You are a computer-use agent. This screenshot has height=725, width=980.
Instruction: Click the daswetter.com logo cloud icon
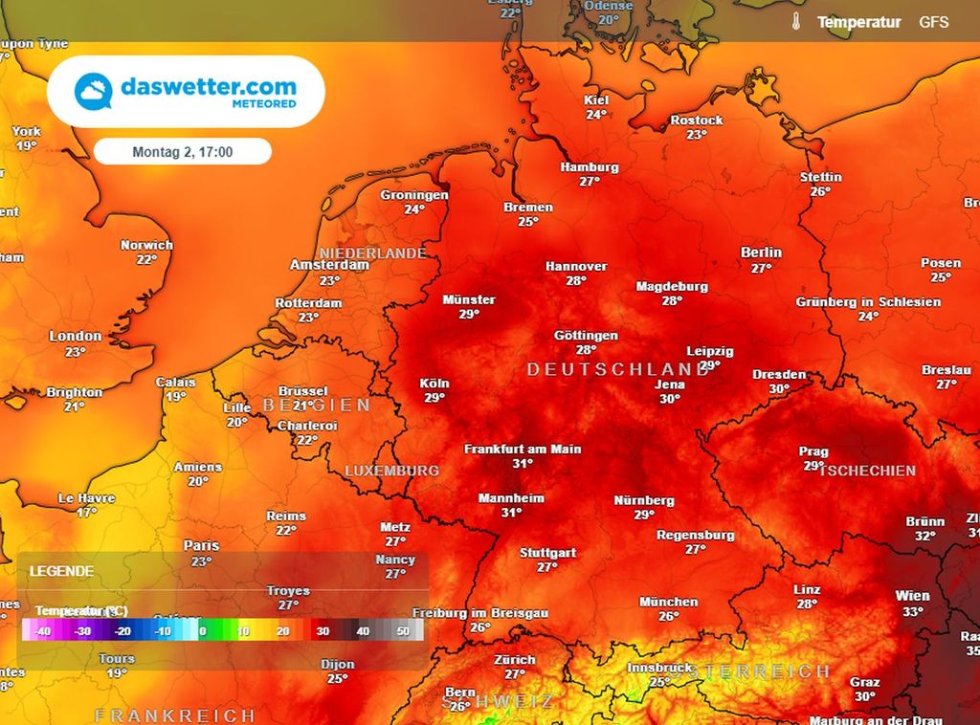pos(93,91)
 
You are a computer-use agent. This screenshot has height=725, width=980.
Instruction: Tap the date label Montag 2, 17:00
pos(183,151)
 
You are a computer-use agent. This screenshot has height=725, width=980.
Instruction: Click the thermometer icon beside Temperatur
pos(795,21)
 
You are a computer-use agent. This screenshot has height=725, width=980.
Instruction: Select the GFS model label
pos(934,21)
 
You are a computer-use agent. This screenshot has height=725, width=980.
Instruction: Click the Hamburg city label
pos(590,167)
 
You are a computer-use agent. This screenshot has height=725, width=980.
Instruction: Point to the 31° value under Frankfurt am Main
pos(523,464)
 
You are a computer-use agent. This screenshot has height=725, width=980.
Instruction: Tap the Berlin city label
pos(761,253)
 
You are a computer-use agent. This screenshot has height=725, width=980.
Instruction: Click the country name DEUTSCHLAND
pos(617,369)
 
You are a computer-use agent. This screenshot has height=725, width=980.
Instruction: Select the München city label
pos(669,602)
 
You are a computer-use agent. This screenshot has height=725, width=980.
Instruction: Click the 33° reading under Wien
pos(912,612)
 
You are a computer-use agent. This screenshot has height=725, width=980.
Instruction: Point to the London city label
pos(76,336)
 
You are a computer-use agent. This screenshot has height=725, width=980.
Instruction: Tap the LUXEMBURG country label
pos(391,471)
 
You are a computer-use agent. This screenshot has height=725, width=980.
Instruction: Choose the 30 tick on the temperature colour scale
pos(323,632)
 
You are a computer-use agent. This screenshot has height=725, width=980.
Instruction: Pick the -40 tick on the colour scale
pos(43,632)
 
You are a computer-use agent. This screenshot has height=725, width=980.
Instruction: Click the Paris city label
pos(201,546)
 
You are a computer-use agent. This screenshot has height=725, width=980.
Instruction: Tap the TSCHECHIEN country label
pos(867,471)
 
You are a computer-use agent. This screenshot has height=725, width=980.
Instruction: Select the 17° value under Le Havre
pos(87,513)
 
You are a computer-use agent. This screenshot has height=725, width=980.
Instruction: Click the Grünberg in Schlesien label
pos(868,302)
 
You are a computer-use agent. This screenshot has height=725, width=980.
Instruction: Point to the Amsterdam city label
pos(330,265)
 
